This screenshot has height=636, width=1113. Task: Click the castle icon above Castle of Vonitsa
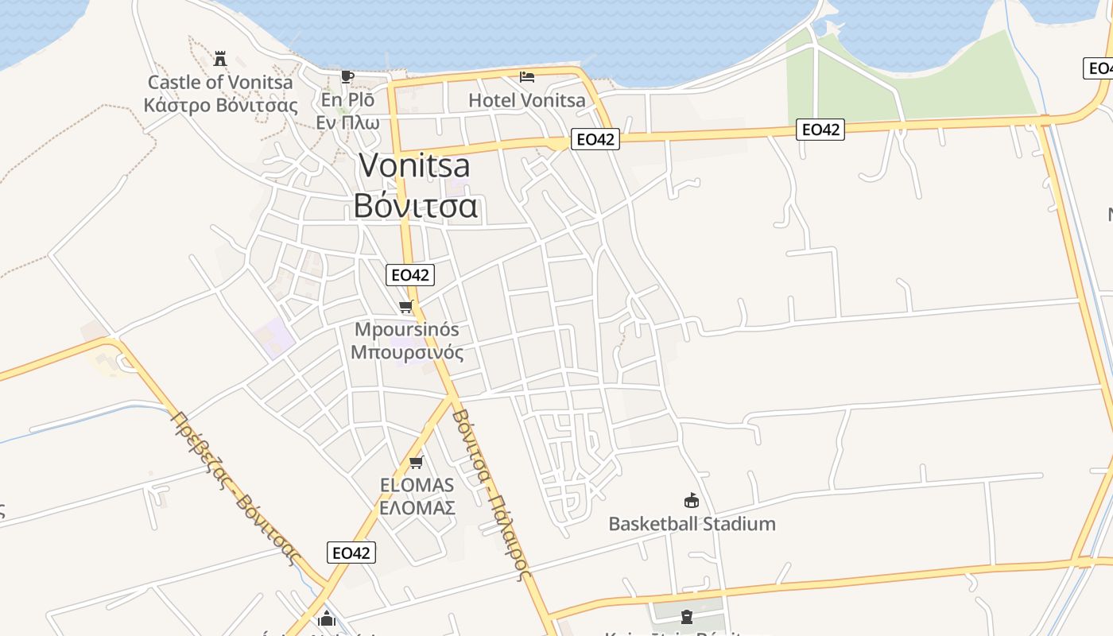click(x=220, y=58)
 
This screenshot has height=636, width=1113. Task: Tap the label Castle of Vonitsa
click(x=220, y=82)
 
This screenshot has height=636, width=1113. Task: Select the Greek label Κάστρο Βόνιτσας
click(x=220, y=105)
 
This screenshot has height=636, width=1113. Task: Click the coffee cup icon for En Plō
click(x=347, y=76)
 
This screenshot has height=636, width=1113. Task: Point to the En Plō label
click(x=347, y=100)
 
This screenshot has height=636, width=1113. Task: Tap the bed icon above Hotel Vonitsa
click(x=527, y=77)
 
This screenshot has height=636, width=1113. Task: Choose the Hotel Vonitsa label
click(x=527, y=100)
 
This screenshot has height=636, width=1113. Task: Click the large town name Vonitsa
click(x=414, y=165)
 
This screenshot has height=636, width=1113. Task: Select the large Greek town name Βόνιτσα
click(x=415, y=205)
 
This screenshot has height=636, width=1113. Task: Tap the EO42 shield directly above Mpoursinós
click(x=411, y=275)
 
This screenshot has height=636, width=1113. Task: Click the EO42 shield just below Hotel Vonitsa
click(x=595, y=139)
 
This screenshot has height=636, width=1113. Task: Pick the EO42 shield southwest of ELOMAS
click(x=351, y=553)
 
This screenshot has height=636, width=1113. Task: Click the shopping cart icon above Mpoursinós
click(x=406, y=307)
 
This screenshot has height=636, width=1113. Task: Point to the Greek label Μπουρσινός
click(x=407, y=351)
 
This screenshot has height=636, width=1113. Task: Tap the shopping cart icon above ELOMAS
click(x=416, y=462)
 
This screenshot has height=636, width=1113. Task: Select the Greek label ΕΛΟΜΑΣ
click(x=417, y=508)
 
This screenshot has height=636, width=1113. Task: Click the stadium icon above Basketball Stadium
click(x=692, y=501)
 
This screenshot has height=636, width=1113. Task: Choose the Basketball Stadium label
click(x=692, y=524)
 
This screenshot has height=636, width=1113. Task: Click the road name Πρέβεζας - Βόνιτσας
click(x=235, y=487)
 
